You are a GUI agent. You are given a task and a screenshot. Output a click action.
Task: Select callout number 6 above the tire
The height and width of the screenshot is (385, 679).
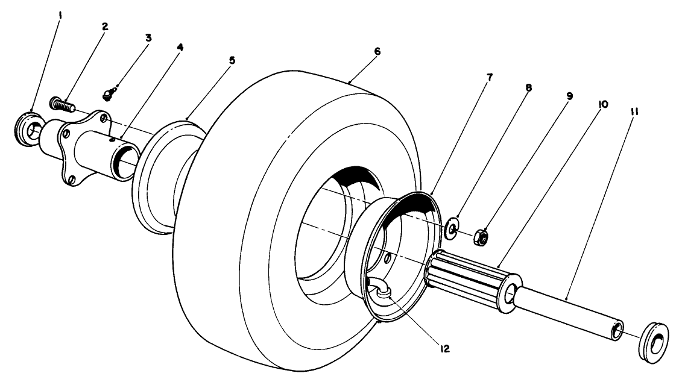(x=377, y=52)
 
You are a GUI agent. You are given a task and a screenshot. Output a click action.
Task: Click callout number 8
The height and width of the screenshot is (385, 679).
(x=528, y=87)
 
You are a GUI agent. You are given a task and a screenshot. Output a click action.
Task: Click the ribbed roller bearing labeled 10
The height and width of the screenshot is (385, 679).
(x=470, y=282)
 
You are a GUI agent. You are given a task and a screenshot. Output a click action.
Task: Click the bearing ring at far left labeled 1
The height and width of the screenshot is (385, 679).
(x=27, y=127)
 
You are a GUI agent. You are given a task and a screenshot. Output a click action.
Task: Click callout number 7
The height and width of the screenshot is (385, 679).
(x=490, y=77)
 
